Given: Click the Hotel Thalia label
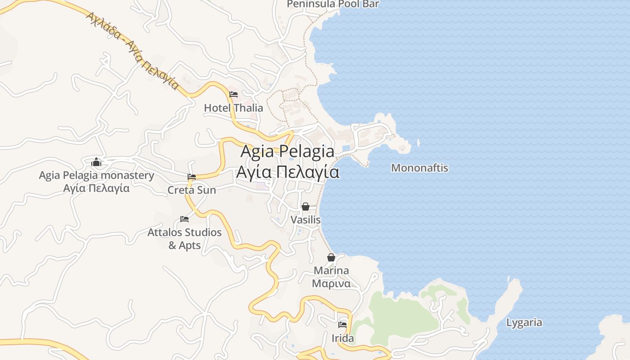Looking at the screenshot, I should pyautogui.click(x=234, y=108).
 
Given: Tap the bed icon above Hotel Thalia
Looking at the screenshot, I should pyautogui.click(x=234, y=94).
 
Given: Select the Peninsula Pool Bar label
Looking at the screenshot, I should pyautogui.click(x=333, y=4).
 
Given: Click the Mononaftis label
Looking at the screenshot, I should pyautogui.click(x=419, y=168).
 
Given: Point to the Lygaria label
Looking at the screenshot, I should pyautogui.click(x=524, y=323).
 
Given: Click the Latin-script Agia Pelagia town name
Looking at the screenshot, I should pyautogui.click(x=287, y=151).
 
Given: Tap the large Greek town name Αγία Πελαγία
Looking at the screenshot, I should pyautogui.click(x=288, y=172).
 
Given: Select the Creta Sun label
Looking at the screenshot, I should pyautogui.click(x=192, y=190).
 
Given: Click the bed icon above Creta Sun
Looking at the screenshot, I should pyautogui.click(x=192, y=177).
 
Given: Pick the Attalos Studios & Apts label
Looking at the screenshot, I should pyautogui.click(x=184, y=239).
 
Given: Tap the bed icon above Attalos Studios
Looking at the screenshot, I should pyautogui.click(x=184, y=219).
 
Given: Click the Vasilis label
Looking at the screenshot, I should pyautogui.click(x=306, y=220).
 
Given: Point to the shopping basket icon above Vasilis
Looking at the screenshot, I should pyautogui.click(x=306, y=207).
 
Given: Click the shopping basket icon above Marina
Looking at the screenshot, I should pyautogui.click(x=331, y=257).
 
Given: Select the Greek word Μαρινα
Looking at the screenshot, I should pyautogui.click(x=331, y=284).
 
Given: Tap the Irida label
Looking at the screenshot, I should pyautogui.click(x=342, y=338).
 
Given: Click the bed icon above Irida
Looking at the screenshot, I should pyautogui.click(x=342, y=324).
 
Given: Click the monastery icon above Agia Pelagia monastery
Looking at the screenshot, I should pyautogui.click(x=96, y=162).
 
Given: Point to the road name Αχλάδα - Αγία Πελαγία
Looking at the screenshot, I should pyautogui.click(x=133, y=50).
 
